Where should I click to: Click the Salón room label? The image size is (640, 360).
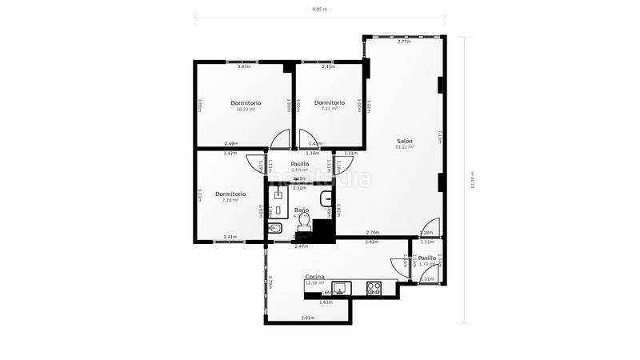[x=404, y=141]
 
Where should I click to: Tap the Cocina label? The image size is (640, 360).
[x=314, y=277]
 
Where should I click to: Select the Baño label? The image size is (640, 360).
[x=301, y=210]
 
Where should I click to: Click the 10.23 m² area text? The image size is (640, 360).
[x=246, y=110]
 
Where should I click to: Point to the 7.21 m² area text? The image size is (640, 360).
[x=329, y=109]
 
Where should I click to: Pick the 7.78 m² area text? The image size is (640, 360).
[x=230, y=201]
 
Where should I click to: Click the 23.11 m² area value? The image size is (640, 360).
[x=404, y=147]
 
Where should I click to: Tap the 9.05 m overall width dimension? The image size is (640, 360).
[x=319, y=10]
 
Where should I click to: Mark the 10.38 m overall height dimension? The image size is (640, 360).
[x=473, y=180]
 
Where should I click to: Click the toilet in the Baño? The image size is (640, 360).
[x=303, y=224]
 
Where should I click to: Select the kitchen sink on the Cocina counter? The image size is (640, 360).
[x=340, y=288]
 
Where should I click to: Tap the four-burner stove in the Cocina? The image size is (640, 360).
[x=374, y=288]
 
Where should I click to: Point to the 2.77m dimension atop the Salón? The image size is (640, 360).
[x=403, y=42]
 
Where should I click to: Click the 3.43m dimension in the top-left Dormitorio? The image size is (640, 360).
[x=244, y=66]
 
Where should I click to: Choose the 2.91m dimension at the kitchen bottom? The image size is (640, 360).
[x=307, y=318]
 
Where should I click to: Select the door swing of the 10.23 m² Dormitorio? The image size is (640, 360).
[x=280, y=140]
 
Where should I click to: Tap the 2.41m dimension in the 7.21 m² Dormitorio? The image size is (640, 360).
[x=328, y=66]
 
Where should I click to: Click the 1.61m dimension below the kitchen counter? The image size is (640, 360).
[x=326, y=302]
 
